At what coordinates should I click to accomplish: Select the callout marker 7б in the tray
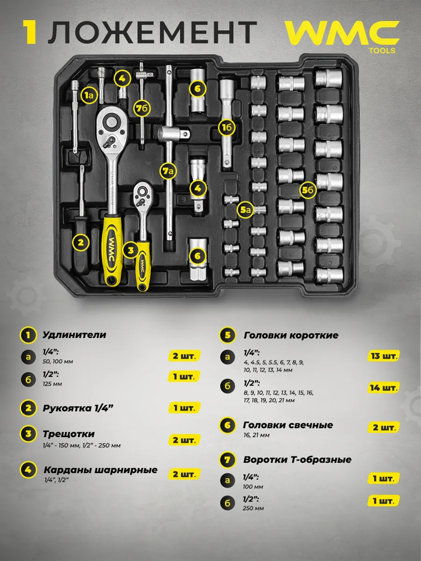click(142, 108)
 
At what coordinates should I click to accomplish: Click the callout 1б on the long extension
click(227, 127)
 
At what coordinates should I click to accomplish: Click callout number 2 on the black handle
click(81, 242)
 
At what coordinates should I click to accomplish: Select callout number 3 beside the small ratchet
click(131, 250)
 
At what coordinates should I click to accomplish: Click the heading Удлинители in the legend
click(75, 335)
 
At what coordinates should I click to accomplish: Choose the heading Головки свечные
click(288, 425)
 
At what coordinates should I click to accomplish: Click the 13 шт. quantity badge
click(384, 356)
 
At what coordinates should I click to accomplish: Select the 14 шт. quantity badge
click(384, 388)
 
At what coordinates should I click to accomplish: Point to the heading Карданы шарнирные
click(100, 470)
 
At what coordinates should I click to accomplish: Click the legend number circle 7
click(228, 460)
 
